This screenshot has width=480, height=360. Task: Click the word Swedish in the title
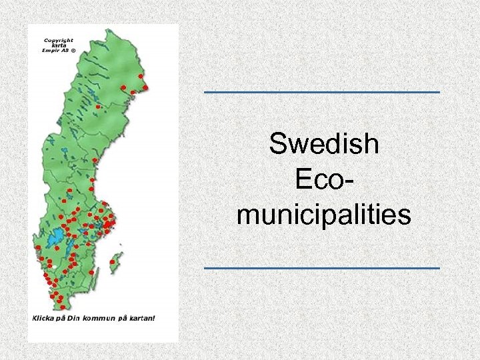(324, 144)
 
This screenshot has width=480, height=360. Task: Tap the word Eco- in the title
(323, 180)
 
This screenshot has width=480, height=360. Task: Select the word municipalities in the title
(323, 215)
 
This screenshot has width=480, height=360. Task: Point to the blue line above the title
(321, 91)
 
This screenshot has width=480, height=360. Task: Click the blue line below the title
(321, 268)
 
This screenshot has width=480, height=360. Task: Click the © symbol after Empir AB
(73, 49)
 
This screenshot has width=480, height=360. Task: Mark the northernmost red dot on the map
(141, 76)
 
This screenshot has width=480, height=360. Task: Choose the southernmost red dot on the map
(62, 307)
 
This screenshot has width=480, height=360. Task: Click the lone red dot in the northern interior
(97, 107)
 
